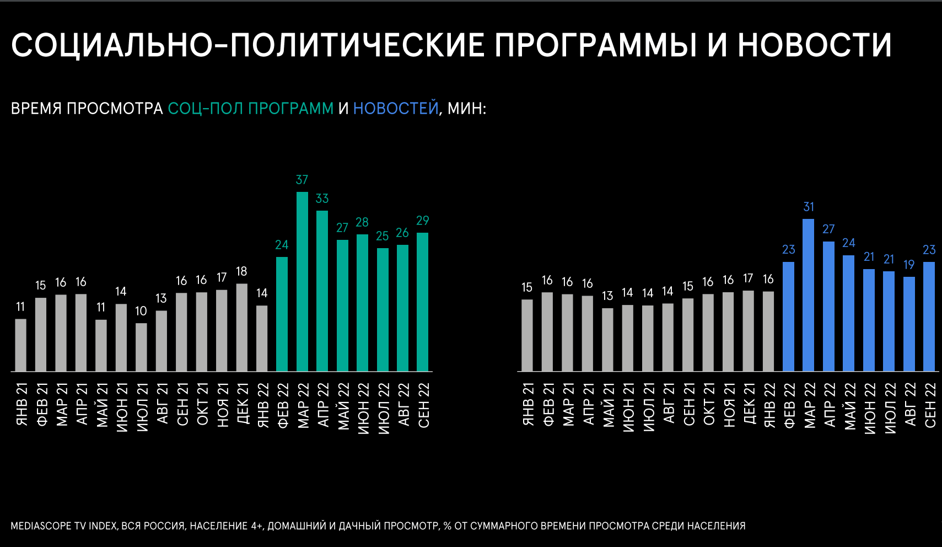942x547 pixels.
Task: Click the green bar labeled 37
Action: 302,281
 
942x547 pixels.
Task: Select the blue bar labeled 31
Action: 808,295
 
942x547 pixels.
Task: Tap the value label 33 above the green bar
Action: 322,199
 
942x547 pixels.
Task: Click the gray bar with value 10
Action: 141,347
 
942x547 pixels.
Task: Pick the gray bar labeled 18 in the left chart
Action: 241,327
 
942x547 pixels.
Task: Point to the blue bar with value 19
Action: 909,324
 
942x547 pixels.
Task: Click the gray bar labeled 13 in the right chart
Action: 607,339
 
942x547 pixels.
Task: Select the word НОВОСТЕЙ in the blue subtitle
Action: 395,108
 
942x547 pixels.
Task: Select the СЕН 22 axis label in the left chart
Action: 423,405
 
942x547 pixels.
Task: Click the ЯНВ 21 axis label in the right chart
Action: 528,405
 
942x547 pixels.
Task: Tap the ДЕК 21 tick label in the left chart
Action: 242,405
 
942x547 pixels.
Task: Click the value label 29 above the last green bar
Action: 422,221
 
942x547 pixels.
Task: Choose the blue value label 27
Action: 828,229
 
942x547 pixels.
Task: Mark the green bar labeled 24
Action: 282,314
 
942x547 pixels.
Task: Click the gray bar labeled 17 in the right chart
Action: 748,330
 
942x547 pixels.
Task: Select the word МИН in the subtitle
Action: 465,108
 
